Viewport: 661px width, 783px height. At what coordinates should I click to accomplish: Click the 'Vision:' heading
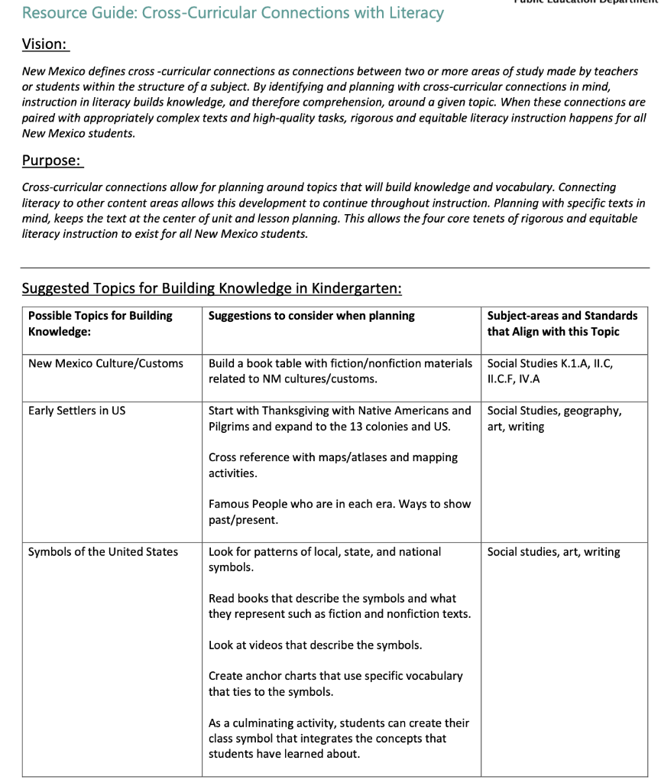pyautogui.click(x=45, y=45)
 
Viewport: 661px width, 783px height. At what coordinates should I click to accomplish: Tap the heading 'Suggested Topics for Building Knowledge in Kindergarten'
pyautogui.click(x=212, y=288)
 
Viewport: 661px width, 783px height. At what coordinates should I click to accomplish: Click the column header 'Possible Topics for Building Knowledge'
pyautogui.click(x=100, y=323)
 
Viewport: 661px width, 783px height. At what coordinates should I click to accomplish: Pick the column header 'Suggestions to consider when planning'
pyautogui.click(x=311, y=316)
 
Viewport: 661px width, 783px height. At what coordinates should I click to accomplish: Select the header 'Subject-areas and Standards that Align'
pyautogui.click(x=562, y=323)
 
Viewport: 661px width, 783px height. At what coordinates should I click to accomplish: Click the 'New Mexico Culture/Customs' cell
pyautogui.click(x=105, y=363)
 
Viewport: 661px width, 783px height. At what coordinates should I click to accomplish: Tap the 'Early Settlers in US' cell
pyautogui.click(x=76, y=411)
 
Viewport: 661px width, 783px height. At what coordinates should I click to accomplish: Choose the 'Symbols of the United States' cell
pyautogui.click(x=102, y=552)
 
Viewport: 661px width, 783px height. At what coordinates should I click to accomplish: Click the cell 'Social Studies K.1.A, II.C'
pyautogui.click(x=549, y=371)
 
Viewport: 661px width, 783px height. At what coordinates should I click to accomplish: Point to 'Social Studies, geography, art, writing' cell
pyautogui.click(x=554, y=418)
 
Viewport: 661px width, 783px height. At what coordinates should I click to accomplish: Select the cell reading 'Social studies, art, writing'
pyautogui.click(x=553, y=552)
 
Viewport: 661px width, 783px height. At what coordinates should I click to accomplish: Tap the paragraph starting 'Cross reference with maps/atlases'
pyautogui.click(x=332, y=465)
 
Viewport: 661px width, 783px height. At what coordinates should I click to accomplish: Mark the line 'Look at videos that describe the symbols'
pyautogui.click(x=315, y=645)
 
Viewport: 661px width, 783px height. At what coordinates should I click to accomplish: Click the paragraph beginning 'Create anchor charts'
pyautogui.click(x=335, y=684)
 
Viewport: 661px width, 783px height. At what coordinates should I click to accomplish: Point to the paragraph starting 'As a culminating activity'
pyautogui.click(x=339, y=738)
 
